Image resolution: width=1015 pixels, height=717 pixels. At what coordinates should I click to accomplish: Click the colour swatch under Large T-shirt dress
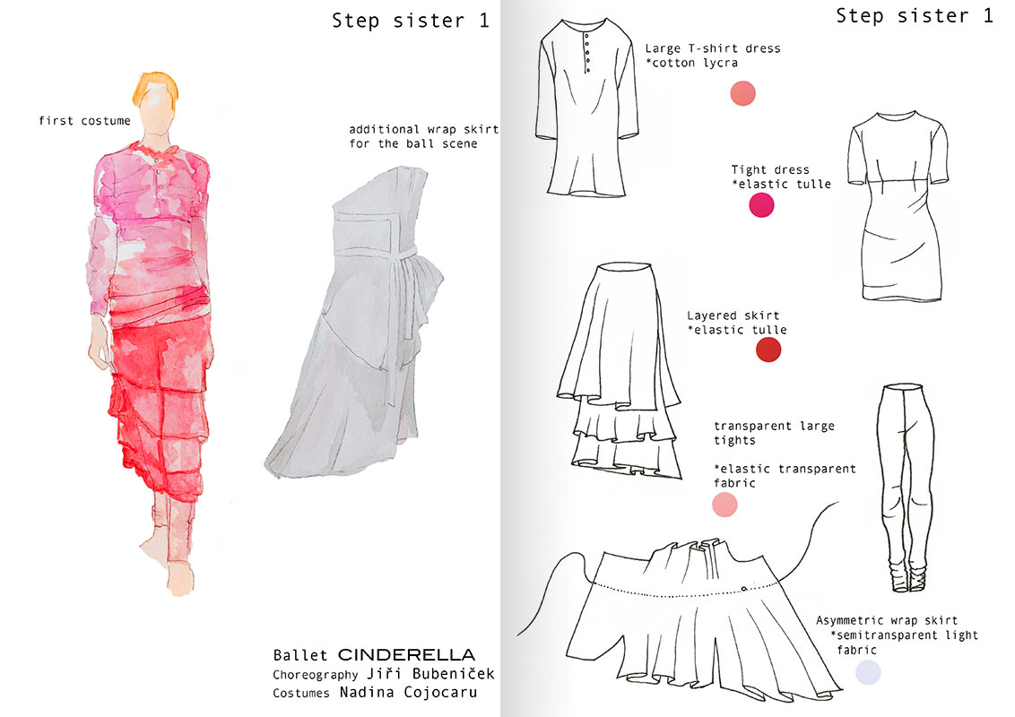[742, 93]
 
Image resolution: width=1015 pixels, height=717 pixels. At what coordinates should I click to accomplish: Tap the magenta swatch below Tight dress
[761, 205]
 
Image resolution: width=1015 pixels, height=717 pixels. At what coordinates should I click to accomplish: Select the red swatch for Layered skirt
[768, 350]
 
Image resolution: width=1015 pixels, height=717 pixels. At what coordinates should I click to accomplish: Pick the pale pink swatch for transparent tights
[724, 504]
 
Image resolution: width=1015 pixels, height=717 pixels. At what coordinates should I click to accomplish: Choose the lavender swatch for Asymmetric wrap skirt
[867, 671]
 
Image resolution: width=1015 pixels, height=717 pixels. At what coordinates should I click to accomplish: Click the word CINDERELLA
[406, 655]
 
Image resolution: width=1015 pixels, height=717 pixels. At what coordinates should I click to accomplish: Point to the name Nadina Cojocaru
[409, 693]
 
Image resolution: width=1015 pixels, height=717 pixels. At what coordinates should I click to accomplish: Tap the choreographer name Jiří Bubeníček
[430, 674]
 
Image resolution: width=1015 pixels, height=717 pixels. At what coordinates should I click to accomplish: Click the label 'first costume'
[85, 121]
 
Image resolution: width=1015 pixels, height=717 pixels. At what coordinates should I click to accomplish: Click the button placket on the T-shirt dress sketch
[587, 52]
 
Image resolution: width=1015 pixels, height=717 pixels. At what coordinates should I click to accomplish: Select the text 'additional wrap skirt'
[424, 129]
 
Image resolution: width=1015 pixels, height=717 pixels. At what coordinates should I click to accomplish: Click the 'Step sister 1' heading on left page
[411, 21]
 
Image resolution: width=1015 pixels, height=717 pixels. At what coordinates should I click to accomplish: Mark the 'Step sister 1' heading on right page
[915, 15]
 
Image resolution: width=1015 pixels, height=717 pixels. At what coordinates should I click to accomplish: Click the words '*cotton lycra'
[692, 63]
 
